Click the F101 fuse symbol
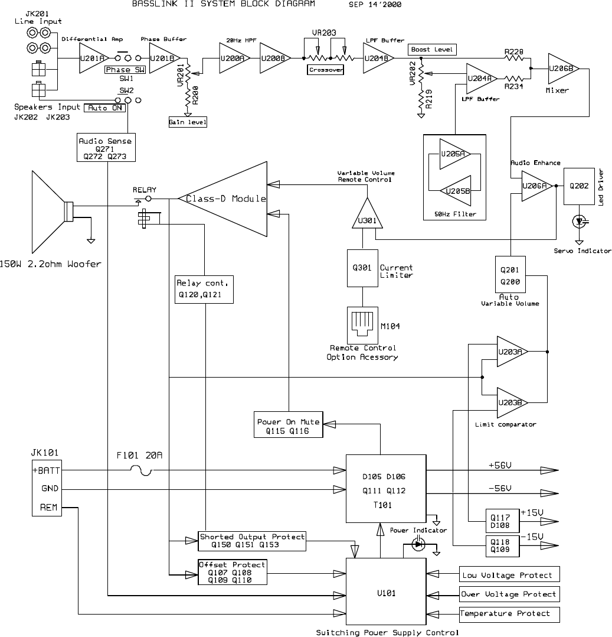(141, 471)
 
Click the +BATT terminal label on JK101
(47, 471)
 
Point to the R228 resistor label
(514, 52)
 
